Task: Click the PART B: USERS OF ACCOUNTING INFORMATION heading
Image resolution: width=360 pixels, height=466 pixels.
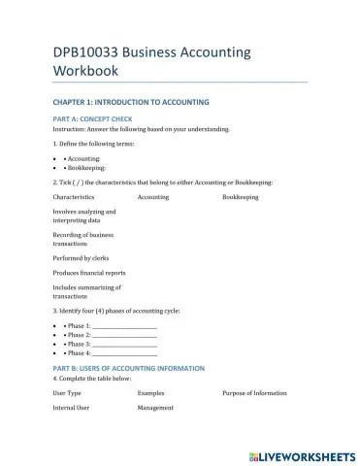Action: click(128, 369)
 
